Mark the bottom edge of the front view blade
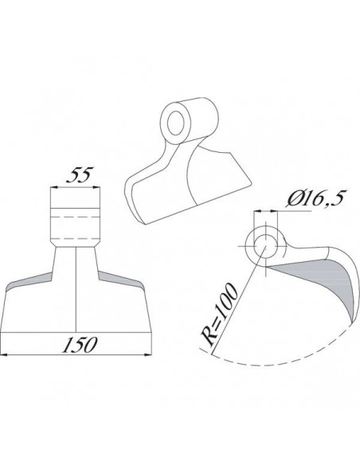click(76, 332)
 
